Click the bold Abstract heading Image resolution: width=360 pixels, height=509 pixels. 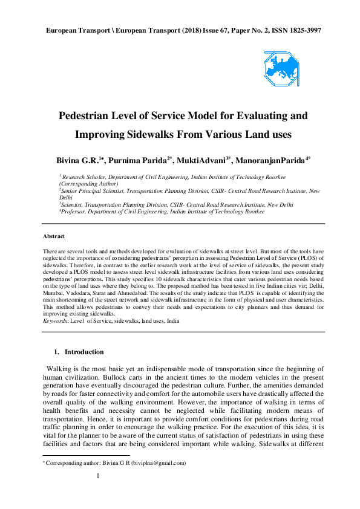point(54,236)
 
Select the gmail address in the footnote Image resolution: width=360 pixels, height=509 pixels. point(160,464)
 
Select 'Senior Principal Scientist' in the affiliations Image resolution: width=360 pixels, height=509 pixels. point(97,190)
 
